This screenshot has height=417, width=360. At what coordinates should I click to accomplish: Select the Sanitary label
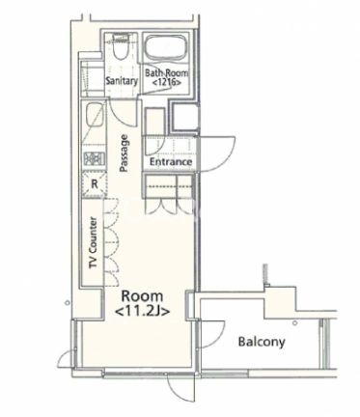click(122, 80)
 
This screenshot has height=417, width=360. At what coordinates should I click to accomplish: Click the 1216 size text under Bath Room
click(166, 82)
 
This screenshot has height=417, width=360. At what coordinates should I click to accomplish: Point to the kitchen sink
click(95, 116)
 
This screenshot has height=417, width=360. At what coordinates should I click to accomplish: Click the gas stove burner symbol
click(94, 158)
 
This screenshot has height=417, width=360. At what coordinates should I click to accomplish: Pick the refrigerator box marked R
click(94, 184)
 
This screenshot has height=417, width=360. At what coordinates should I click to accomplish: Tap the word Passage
click(125, 153)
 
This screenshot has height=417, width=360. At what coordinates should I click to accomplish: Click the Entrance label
click(171, 161)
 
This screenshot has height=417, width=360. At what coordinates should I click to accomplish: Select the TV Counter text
click(93, 242)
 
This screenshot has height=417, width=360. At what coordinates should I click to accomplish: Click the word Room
click(142, 295)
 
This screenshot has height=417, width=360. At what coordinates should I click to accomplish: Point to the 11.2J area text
click(142, 311)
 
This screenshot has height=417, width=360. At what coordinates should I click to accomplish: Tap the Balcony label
click(262, 342)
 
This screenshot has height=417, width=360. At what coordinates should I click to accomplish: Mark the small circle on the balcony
click(295, 323)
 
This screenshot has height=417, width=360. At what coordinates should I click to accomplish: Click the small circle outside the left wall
click(67, 303)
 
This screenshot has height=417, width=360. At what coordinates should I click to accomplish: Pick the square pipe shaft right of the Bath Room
click(185, 116)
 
